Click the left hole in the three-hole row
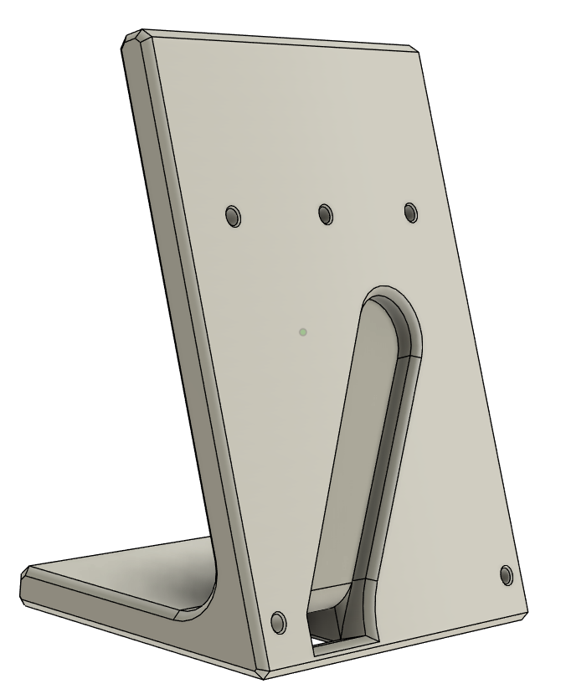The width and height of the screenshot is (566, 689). pyautogui.click(x=233, y=217)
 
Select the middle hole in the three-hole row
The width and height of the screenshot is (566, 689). pyautogui.click(x=325, y=214)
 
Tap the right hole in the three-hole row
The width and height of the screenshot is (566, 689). pyautogui.click(x=410, y=212)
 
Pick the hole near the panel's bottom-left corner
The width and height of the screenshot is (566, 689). pyautogui.click(x=279, y=622)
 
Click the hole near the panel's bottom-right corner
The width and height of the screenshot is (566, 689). pyautogui.click(x=506, y=575)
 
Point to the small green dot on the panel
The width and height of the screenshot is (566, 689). pyautogui.click(x=303, y=332)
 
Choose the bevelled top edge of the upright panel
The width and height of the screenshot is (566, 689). pyautogui.click(x=276, y=39)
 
